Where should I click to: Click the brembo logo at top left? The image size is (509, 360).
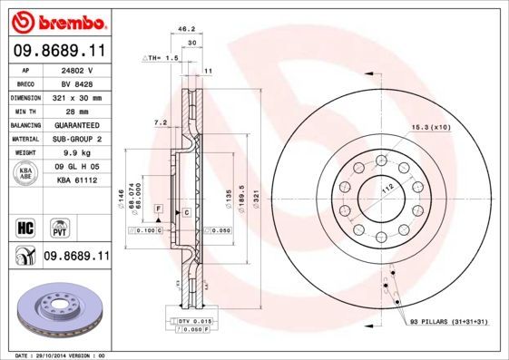coord(58,20)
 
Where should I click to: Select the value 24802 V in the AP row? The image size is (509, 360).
coord(78,69)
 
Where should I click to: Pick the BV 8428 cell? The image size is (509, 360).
coord(78,83)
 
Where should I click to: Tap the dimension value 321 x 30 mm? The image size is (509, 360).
coord(78,96)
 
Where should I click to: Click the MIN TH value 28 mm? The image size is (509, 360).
coord(78,110)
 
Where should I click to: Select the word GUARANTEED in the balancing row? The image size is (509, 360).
coord(78,124)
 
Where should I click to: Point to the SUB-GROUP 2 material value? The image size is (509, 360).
coord(78,139)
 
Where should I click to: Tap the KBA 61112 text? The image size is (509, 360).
coord(78,180)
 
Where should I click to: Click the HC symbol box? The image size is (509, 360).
coord(24,225)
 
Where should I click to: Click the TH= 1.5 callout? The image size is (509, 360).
coord(163,57)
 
